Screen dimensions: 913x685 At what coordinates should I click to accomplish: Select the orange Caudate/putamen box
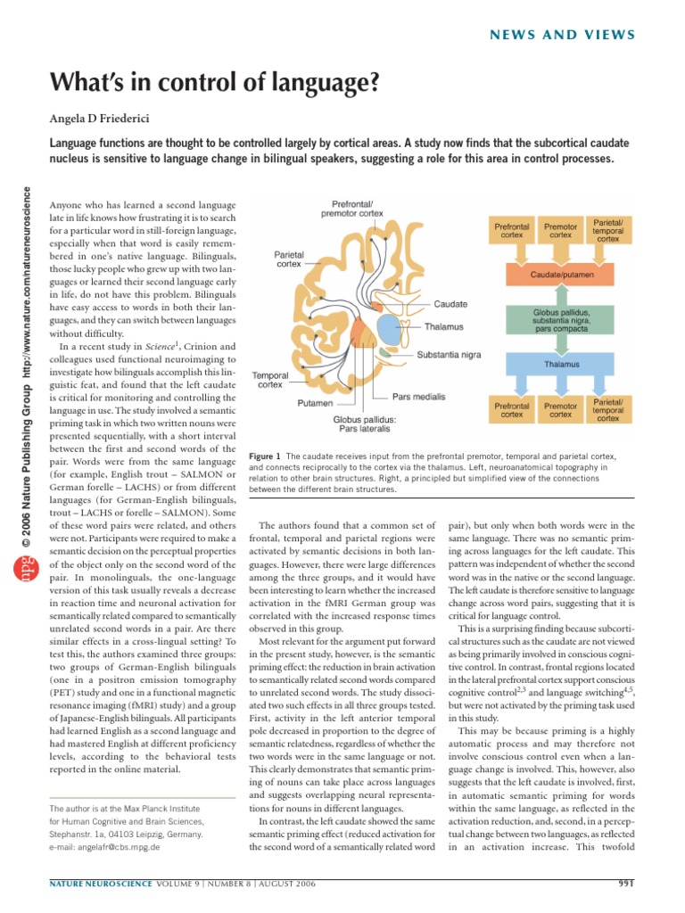[560, 276]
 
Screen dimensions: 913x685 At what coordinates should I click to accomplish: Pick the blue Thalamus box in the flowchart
[560, 365]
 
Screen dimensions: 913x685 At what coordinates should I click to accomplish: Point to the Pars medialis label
[419, 395]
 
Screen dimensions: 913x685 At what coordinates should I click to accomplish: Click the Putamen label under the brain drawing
[315, 403]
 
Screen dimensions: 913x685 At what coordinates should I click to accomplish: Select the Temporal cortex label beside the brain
[269, 381]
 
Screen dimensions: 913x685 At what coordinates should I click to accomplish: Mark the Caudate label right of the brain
[450, 304]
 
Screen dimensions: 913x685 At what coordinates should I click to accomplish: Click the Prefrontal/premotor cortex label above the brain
[351, 208]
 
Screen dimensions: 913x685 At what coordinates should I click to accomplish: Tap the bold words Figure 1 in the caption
[267, 455]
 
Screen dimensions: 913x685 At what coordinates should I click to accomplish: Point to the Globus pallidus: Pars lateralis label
[365, 423]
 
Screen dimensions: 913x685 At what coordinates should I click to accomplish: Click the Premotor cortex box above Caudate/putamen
[560, 232]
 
